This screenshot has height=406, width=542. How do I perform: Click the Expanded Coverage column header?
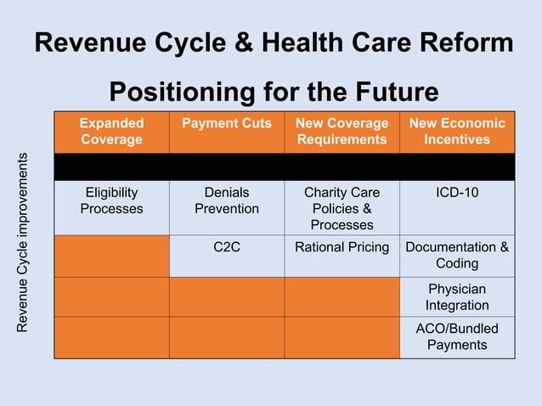click(x=111, y=131)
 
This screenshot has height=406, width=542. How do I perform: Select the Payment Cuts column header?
click(x=227, y=123)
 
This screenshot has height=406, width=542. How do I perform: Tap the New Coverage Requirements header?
click(x=342, y=131)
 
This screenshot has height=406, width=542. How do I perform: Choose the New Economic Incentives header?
click(x=457, y=131)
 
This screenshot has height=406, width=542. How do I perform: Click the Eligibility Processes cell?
click(x=111, y=200)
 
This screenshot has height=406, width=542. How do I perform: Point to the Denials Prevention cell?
click(x=227, y=200)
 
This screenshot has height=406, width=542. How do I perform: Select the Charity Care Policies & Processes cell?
click(x=342, y=208)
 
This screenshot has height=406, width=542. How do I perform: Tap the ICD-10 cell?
click(x=457, y=193)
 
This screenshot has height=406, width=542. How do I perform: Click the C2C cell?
click(x=227, y=247)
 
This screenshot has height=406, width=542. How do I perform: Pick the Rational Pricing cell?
click(x=342, y=247)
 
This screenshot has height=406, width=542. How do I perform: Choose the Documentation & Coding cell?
click(x=457, y=255)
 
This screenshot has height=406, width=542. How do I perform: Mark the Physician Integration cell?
click(x=457, y=296)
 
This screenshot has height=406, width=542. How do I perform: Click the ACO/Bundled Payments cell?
click(x=457, y=336)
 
